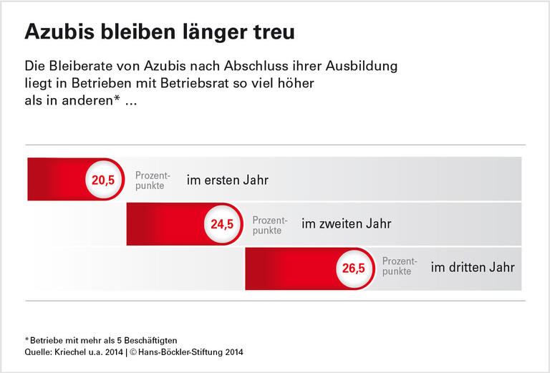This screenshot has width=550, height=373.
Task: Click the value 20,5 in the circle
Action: [x=103, y=180]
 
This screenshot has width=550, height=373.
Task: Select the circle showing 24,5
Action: [x=222, y=224]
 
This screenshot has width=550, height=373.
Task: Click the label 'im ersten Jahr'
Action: [x=227, y=180]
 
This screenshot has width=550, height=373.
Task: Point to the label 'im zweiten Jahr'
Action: [x=346, y=224]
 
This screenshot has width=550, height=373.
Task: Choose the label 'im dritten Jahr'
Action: [x=472, y=268]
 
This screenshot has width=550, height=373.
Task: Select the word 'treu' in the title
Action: [x=273, y=33]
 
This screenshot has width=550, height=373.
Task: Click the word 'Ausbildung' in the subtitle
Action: [x=361, y=66]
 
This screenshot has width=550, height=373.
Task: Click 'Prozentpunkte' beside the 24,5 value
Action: [x=269, y=225]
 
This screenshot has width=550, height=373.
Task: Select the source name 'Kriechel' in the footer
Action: [x=69, y=352]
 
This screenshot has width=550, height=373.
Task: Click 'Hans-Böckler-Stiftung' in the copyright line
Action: [x=179, y=352]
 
